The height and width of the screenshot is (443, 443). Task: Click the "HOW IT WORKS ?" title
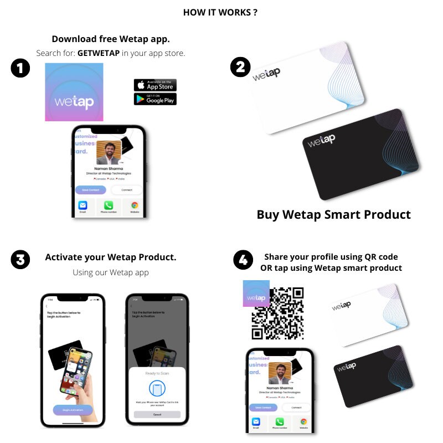(x=220, y=12)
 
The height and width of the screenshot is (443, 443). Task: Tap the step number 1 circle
(x=20, y=69)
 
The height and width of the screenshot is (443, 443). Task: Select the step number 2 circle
(x=240, y=67)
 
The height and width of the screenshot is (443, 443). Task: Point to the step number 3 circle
(x=20, y=260)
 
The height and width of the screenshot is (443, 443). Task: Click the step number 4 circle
(x=243, y=260)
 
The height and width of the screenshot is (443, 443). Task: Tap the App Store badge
(x=155, y=85)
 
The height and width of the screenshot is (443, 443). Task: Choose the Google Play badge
(x=155, y=99)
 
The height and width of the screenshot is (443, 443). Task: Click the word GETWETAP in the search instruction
(x=99, y=53)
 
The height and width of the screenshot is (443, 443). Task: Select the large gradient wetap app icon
(x=74, y=92)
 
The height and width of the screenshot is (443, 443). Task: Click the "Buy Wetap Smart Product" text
(x=334, y=215)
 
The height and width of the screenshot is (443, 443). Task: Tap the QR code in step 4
(x=278, y=313)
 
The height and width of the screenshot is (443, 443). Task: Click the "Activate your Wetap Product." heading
(x=111, y=257)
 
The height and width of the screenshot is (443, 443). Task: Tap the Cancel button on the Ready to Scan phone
(x=157, y=414)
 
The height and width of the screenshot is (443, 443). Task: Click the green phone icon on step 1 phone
(x=109, y=205)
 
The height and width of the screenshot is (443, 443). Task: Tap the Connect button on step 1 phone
(x=126, y=190)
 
